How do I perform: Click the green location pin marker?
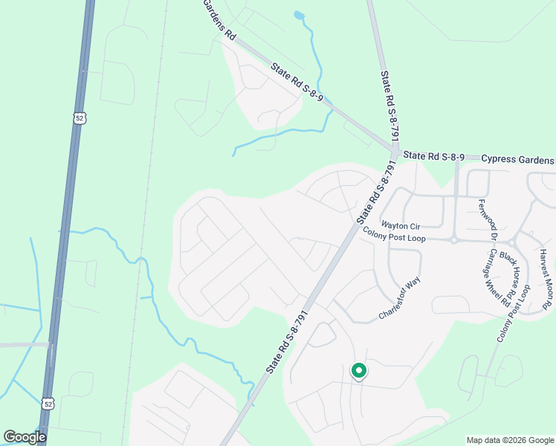pyautogui.click(x=358, y=370)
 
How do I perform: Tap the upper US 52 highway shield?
pyautogui.click(x=80, y=117)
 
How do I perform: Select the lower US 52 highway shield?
pyautogui.click(x=48, y=403)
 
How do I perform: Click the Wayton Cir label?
pyautogui.click(x=401, y=224)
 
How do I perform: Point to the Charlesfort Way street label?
pyautogui.click(x=400, y=298)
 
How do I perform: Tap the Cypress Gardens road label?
pyautogui.click(x=517, y=160)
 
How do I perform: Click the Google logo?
pyautogui.click(x=25, y=437)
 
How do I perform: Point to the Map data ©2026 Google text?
pyautogui.click(x=509, y=440)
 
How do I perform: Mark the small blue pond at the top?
pyautogui.click(x=299, y=15)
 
